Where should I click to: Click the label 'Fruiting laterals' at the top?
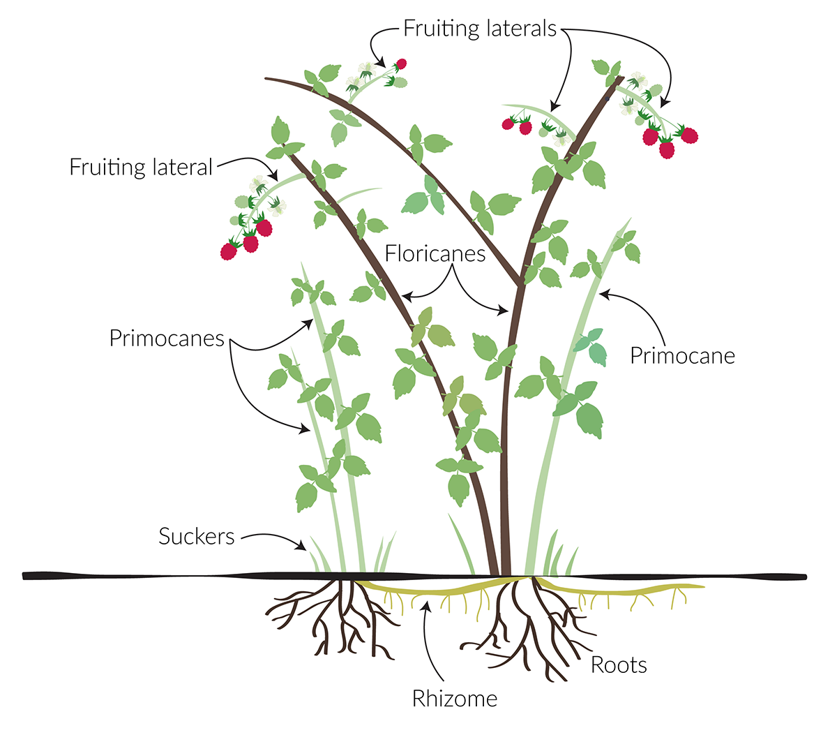coord(480,29)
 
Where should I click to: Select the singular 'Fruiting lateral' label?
coord(141,167)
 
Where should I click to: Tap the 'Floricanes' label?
coord(435,253)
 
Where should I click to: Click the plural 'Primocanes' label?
coord(167,338)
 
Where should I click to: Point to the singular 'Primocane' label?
coord(682,356)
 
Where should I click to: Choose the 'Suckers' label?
coord(197,536)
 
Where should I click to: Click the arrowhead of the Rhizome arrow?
coord(427,607)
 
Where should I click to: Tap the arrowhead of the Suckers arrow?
coord(301,545)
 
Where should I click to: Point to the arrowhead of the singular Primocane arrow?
coord(604,295)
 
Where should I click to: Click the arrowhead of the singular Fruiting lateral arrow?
coord(273,175)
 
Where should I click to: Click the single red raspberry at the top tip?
coord(401,64)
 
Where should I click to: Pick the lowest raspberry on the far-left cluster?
coord(229,251)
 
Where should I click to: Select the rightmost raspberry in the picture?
coord(689,135)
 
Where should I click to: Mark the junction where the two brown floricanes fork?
coord(520,282)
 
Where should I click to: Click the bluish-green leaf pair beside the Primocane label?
coord(591,346)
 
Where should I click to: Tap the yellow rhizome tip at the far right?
coord(702,586)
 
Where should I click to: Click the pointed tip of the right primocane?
coord(631,218)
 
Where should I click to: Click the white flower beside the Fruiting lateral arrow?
coord(258,184)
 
